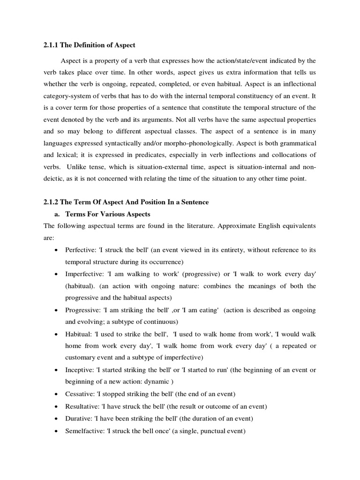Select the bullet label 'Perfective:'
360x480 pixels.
(81, 250)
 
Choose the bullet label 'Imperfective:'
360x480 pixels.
(84, 274)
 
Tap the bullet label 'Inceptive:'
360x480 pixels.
(80, 370)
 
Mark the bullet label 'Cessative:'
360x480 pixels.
(81, 394)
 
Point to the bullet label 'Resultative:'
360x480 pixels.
(83, 406)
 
